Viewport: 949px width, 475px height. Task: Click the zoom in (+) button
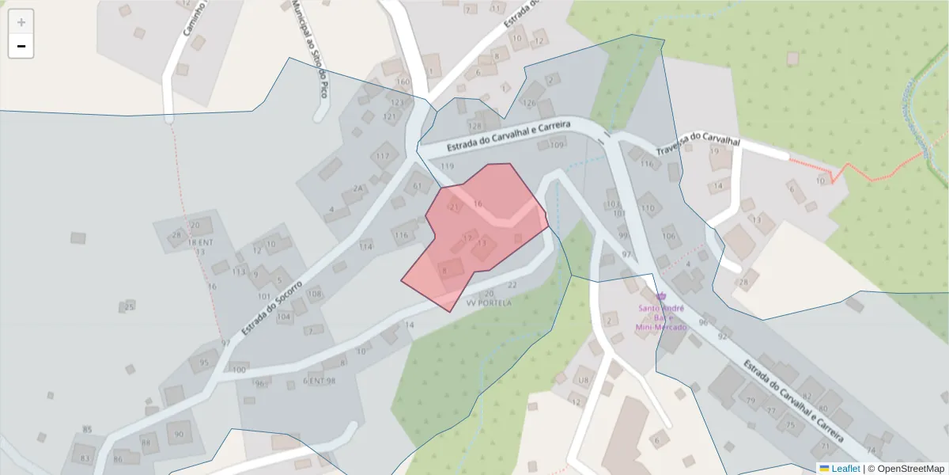point(21,22)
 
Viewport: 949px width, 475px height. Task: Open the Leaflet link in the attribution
point(845,468)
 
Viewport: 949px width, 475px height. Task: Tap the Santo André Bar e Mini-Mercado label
point(661,317)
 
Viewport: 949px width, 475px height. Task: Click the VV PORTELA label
point(489,303)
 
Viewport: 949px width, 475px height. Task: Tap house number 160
point(403,82)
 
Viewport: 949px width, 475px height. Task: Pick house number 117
point(383,156)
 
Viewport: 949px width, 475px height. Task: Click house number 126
point(529,103)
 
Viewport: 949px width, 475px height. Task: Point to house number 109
point(557,145)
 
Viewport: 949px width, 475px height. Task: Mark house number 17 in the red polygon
point(467,237)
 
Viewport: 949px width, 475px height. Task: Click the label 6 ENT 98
point(319,381)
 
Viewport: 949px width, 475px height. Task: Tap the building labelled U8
point(584,381)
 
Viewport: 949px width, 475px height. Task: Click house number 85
point(87,430)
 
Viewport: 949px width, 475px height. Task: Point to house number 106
point(669,235)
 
